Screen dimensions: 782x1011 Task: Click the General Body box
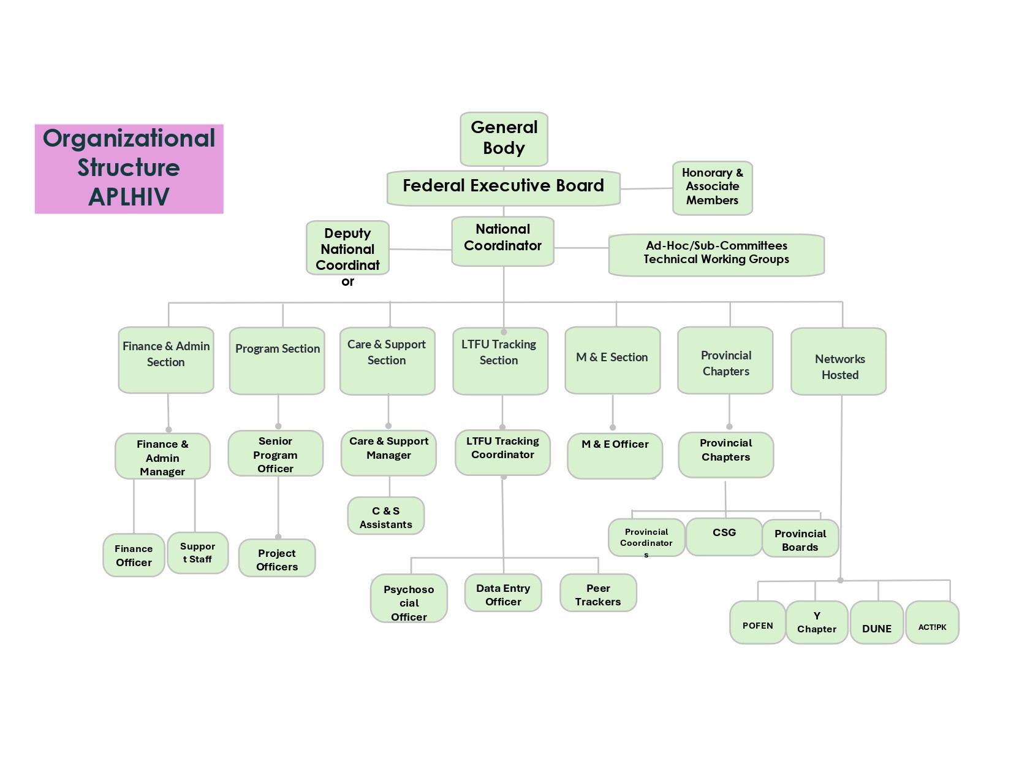click(504, 139)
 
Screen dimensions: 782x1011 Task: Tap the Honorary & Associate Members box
click(712, 188)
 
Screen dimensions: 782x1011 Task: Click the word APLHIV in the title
click(129, 197)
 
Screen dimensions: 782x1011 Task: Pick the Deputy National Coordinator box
click(347, 248)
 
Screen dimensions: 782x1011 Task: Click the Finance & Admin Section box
click(166, 360)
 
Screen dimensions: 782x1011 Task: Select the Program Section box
click(277, 361)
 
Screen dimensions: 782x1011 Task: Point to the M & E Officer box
click(615, 456)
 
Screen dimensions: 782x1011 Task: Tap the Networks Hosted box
click(839, 361)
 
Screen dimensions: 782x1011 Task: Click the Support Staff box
click(197, 553)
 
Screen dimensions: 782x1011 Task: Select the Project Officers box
click(277, 558)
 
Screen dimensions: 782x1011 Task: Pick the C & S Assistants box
click(386, 516)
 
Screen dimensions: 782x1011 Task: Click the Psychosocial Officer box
click(409, 599)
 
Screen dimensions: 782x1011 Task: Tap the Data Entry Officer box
click(503, 593)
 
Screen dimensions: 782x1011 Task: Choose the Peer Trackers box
click(598, 593)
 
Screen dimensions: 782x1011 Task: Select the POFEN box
click(757, 623)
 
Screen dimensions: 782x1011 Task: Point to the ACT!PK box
click(932, 623)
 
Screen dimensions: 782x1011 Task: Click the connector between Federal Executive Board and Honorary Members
click(646, 189)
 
